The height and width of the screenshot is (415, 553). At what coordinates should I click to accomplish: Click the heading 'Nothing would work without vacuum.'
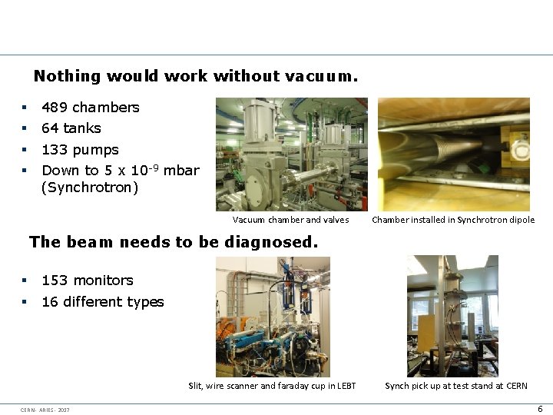195,76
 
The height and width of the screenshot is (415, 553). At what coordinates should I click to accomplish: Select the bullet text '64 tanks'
71,128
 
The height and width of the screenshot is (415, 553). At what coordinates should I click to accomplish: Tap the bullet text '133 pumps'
80,150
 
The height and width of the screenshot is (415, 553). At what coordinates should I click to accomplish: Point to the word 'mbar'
181,171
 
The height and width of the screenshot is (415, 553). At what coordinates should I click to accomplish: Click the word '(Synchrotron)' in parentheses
90,187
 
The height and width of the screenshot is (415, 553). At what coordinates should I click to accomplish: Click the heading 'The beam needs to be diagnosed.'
173,242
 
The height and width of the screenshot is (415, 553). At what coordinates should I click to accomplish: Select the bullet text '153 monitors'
87,281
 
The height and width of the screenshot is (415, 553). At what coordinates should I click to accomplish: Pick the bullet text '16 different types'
102,302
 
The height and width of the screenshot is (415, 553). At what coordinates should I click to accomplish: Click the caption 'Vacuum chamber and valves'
290,220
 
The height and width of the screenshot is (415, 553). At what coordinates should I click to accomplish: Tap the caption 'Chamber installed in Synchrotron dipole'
453,220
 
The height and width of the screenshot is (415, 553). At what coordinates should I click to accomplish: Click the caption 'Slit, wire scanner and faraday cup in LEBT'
272,386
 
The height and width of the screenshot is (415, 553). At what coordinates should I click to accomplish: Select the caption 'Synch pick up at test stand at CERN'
455,386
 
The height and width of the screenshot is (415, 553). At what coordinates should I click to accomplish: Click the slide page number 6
540,409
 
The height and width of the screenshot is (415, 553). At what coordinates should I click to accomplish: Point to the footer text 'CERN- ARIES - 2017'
45,410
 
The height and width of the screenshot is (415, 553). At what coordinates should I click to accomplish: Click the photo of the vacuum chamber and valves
291,154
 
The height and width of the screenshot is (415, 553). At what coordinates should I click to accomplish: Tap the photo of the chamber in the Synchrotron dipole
453,154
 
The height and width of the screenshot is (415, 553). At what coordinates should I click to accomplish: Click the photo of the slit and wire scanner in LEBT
273,316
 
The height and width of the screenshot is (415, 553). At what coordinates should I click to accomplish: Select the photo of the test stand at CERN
452,316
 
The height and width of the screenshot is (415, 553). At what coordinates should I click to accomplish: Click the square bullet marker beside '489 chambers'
25,108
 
